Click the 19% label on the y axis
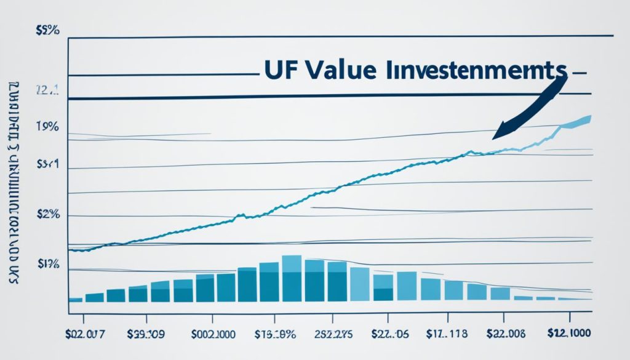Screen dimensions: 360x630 tap(48, 127)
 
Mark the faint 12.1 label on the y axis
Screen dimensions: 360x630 tap(47, 90)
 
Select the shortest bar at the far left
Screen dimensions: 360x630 tap(76, 299)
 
